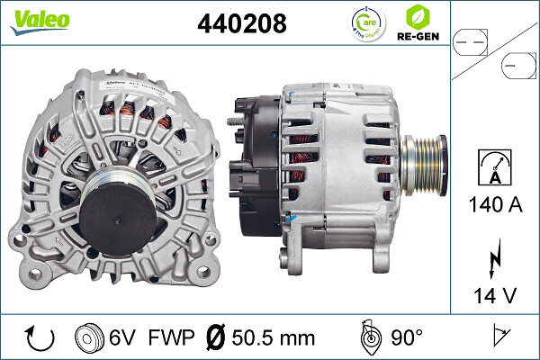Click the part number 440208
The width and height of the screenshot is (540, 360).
coord(240,23)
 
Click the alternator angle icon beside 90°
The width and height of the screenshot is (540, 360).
coord(368,337)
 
